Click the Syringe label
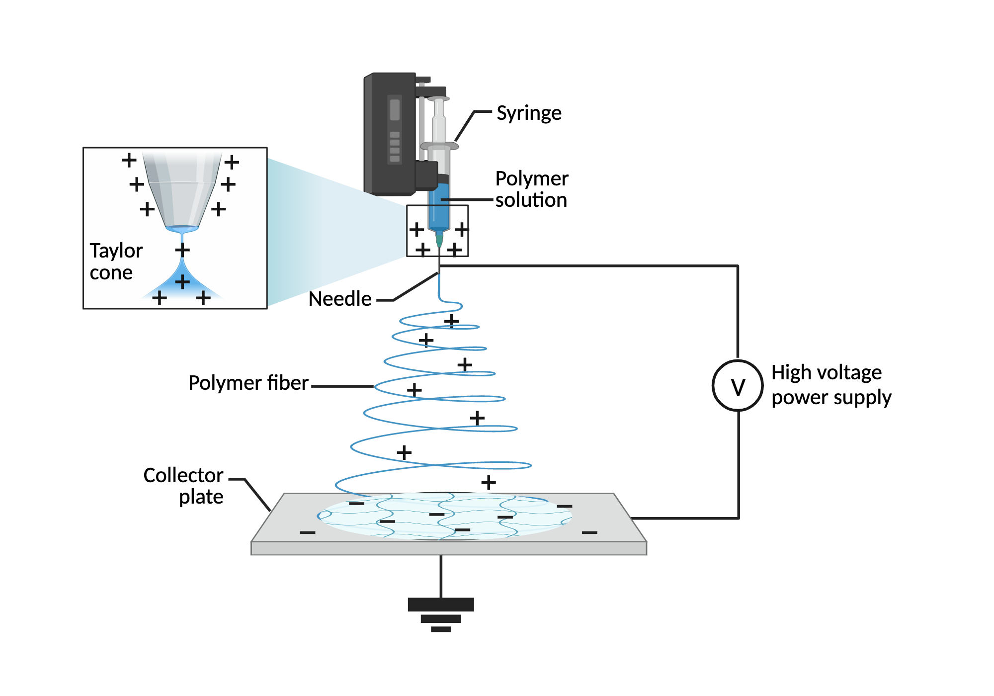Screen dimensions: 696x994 (529, 113)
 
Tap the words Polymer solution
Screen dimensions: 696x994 (531, 189)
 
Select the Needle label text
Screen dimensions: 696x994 (340, 299)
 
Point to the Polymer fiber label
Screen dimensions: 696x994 (248, 383)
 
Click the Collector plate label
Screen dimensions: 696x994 (184, 486)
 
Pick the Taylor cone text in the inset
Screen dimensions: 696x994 (116, 261)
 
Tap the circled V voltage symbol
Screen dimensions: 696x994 (738, 385)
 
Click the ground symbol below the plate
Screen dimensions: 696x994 (441, 614)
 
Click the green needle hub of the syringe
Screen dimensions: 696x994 (439, 239)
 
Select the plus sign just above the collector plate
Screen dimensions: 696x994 (489, 482)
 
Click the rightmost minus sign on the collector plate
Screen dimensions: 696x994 (589, 532)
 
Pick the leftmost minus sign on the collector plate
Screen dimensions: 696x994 (308, 532)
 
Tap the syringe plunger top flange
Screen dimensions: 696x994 (438, 99)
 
